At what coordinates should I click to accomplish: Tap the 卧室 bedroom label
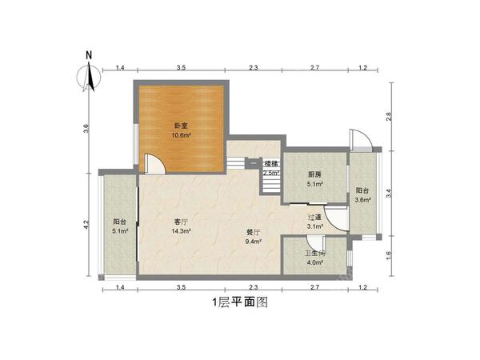pos(181,126)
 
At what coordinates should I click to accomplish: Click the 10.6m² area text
pos(181,135)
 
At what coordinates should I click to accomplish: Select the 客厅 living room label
pos(181,222)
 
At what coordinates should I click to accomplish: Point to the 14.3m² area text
pos(181,231)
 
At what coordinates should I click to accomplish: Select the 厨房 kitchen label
pos(315,174)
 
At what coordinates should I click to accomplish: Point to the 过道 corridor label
pos(315,217)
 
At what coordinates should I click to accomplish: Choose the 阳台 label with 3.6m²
pos(362,190)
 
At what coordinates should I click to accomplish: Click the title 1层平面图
pos(238,302)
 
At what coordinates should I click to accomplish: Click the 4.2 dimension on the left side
pos(86,226)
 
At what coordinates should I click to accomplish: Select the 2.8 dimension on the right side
pos(390,116)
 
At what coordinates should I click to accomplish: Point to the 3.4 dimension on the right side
pos(390,194)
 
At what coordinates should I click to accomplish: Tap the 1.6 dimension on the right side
pos(390,257)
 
